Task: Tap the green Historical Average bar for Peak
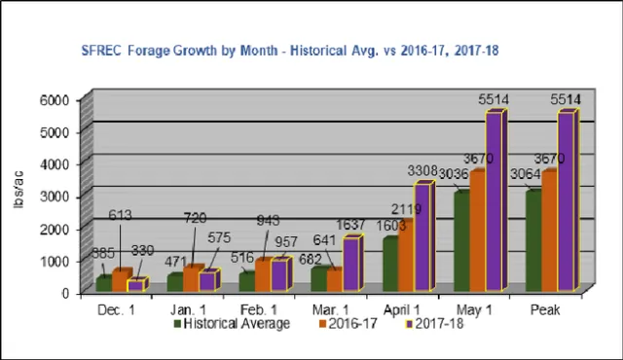[x=531, y=239]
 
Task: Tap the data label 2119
[x=405, y=209]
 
